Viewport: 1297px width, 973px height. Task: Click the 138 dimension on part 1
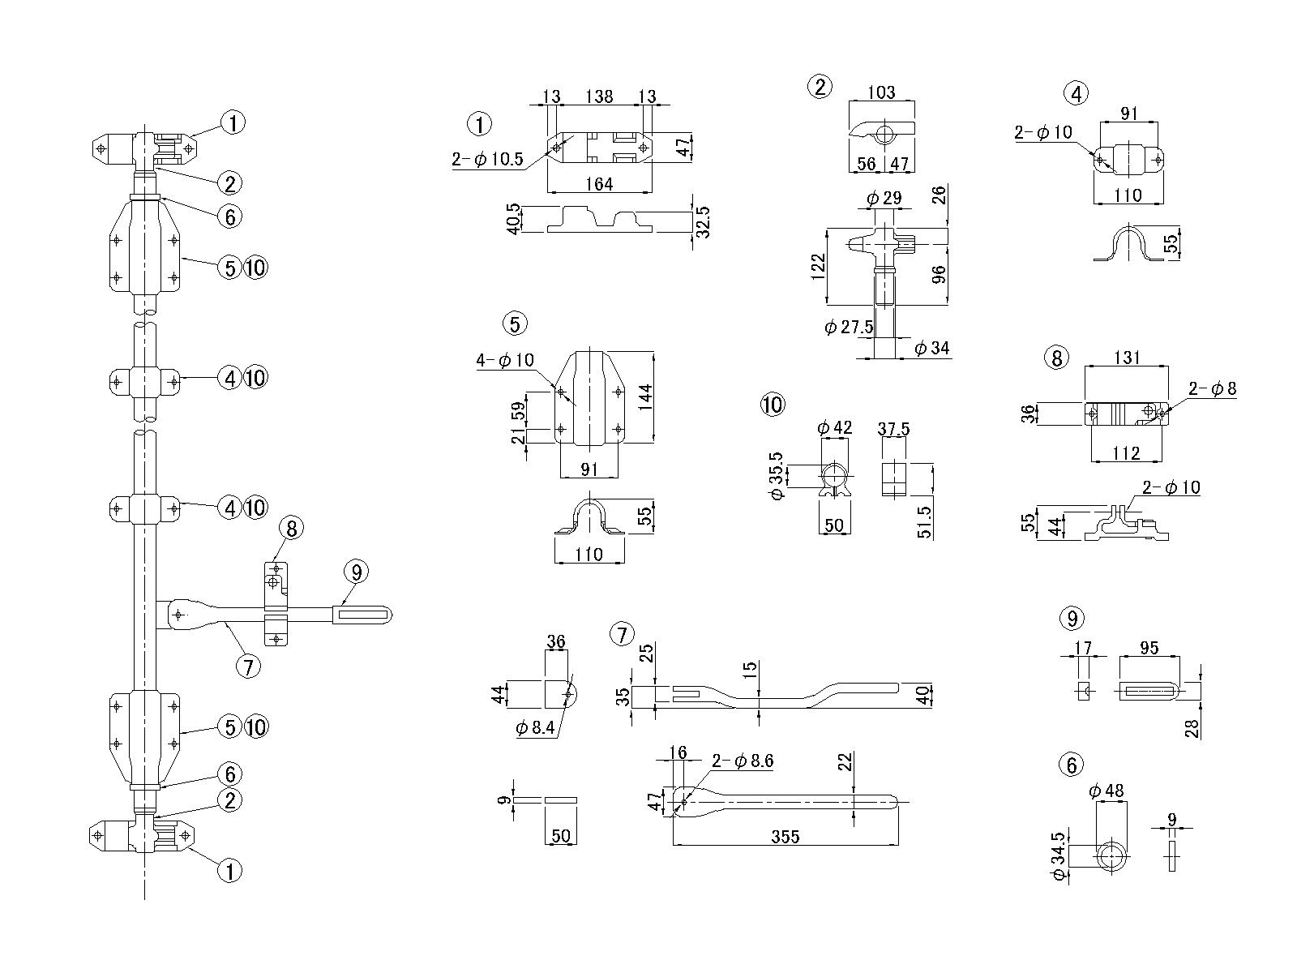[598, 96]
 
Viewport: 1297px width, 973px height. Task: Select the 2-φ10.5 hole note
[487, 160]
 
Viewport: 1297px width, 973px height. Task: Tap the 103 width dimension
[881, 92]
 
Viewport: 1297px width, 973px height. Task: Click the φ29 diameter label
[883, 198]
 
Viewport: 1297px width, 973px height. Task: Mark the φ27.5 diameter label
[849, 327]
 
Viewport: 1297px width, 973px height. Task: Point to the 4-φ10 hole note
[505, 360]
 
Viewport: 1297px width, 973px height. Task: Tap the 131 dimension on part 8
[1127, 358]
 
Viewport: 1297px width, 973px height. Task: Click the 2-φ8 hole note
[1212, 388]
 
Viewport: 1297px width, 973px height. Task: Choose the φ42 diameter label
[834, 428]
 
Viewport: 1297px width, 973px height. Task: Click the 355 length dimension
[785, 837]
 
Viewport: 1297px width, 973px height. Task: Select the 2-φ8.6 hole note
[743, 761]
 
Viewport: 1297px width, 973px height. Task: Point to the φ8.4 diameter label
[535, 727]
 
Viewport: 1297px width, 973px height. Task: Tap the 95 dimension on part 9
[1149, 649]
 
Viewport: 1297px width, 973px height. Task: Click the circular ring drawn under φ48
[1112, 855]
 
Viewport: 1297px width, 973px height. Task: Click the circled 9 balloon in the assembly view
[356, 572]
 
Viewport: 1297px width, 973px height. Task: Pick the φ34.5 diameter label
[1056, 855]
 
